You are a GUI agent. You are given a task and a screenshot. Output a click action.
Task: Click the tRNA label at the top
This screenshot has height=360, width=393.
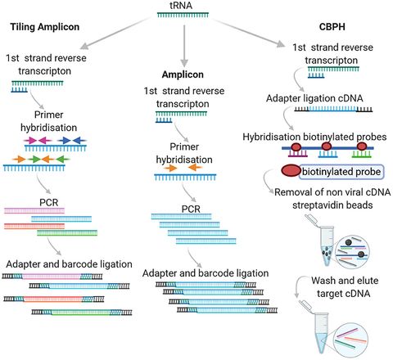pyautogui.click(x=194, y=7)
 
